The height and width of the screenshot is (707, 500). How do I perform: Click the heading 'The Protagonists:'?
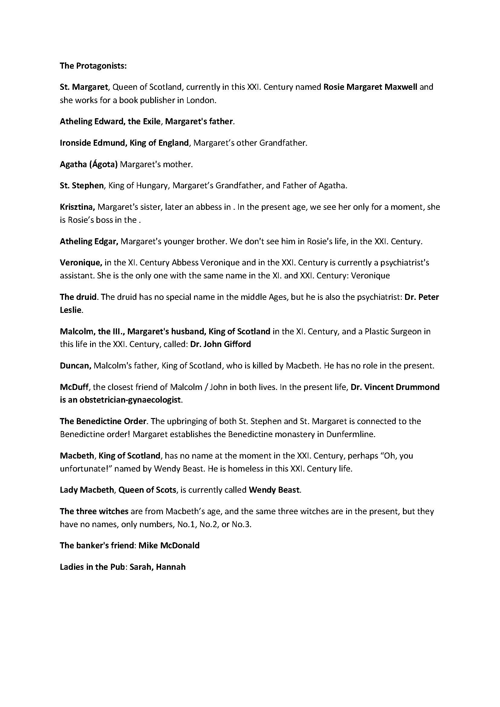point(93,66)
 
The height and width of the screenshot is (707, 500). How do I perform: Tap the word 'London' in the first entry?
point(200,100)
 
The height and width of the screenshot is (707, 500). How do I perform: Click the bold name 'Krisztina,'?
point(77,207)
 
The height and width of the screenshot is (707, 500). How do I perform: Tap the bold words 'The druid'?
point(79,297)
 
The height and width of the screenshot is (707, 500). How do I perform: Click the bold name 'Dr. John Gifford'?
point(220,344)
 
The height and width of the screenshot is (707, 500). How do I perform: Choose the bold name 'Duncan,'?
point(76,365)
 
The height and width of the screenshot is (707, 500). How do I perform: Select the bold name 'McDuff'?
point(74,387)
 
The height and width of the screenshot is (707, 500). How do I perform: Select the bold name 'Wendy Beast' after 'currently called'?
point(274,490)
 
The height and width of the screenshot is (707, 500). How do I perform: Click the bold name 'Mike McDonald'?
point(169,546)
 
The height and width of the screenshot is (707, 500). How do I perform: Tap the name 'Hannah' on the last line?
point(171,567)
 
